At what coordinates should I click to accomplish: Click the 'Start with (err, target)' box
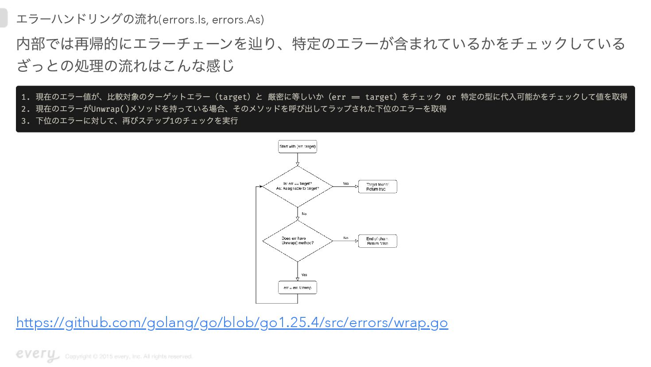tap(297, 146)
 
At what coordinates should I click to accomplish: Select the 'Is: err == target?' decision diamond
tap(298, 186)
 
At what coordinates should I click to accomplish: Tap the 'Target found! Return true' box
tap(377, 187)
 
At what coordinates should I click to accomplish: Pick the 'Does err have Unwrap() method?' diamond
tap(298, 241)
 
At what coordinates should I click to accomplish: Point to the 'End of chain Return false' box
tap(377, 241)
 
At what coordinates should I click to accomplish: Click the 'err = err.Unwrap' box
tap(297, 288)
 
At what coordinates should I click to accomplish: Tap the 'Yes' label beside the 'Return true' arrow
tap(346, 183)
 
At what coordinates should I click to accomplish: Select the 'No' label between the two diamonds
tap(304, 214)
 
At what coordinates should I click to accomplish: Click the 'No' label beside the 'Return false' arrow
tap(346, 238)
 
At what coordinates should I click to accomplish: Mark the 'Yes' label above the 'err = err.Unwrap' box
tap(304, 275)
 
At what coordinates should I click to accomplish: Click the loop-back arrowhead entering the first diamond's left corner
tap(260, 187)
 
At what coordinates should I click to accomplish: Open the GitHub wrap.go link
tap(232, 322)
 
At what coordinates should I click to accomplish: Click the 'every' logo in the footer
tap(37, 354)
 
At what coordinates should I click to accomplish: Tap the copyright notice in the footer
tap(129, 356)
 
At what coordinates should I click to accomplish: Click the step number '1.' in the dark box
tap(26, 97)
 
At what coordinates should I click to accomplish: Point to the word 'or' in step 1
tap(451, 97)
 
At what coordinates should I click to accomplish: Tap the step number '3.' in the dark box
tap(26, 121)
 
